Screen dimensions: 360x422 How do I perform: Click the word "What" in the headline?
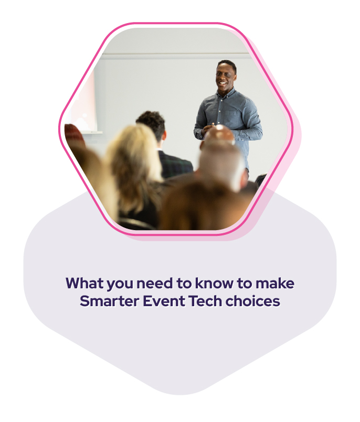coord(84,283)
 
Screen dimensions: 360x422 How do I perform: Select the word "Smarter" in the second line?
coord(109,301)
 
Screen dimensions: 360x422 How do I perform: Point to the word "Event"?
coord(164,301)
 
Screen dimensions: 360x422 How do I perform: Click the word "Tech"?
coord(205,301)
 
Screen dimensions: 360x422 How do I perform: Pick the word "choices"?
coord(253,301)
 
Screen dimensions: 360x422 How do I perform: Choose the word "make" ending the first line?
coord(275,283)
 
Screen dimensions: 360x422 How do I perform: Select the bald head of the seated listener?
coord(219,135)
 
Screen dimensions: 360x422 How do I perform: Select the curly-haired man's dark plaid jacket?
coord(175,165)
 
